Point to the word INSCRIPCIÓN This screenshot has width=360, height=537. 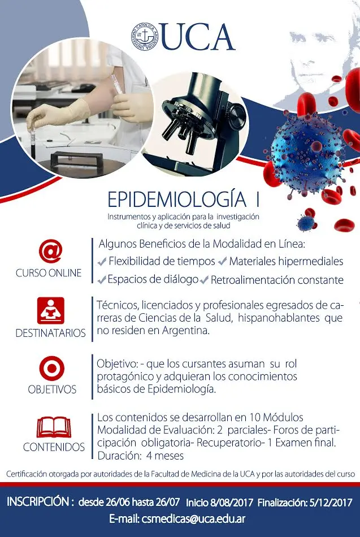[x=39, y=502]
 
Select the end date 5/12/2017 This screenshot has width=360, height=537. [x=333, y=502]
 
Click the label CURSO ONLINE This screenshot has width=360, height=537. [x=49, y=273]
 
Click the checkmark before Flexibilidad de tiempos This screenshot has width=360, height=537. [x=102, y=262]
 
